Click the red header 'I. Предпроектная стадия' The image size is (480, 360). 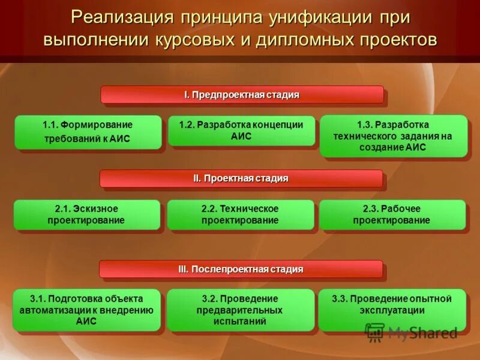click(x=242, y=95)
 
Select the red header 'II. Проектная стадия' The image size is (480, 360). click(x=241, y=179)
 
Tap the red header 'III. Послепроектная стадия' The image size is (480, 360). click(x=241, y=269)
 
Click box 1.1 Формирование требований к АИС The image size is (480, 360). click(x=88, y=132)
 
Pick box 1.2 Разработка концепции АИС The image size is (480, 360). click(x=241, y=131)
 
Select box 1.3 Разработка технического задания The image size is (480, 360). click(x=393, y=136)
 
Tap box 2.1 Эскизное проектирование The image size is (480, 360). click(x=87, y=215)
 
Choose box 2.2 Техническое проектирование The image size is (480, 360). click(x=241, y=215)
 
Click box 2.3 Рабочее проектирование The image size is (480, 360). click(x=392, y=215)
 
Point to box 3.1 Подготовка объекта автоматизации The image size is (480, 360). click(x=87, y=310)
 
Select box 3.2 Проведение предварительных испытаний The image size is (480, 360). click(x=241, y=310)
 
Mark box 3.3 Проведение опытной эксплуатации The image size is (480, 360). click(x=392, y=310)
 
